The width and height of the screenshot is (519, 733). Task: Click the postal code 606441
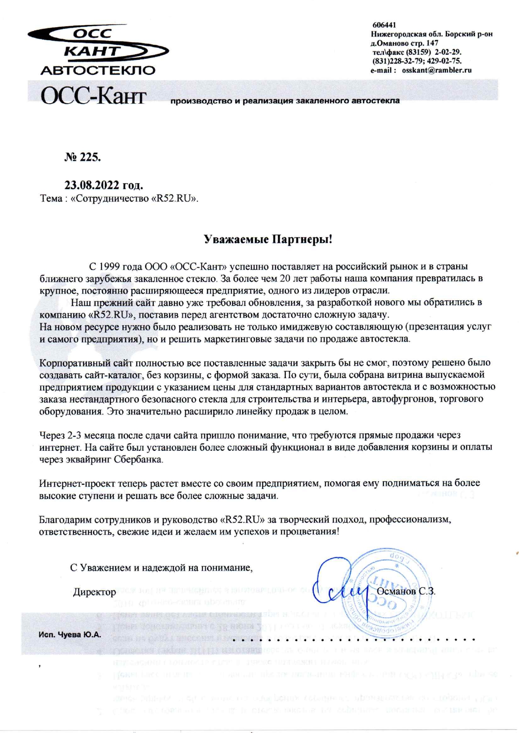pyautogui.click(x=384, y=25)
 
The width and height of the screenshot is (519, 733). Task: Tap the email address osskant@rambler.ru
pyautogui.click(x=437, y=70)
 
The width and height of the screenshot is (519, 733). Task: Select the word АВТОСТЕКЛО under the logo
pyautogui.click(x=98, y=70)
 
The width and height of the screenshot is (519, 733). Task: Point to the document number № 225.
pyautogui.click(x=83, y=157)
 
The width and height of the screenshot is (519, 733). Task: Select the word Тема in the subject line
pyautogui.click(x=51, y=198)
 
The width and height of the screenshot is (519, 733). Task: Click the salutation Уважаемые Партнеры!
pyautogui.click(x=268, y=240)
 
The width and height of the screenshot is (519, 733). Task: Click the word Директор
pyautogui.click(x=95, y=592)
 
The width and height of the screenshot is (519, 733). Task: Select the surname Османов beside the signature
pyautogui.click(x=396, y=591)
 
